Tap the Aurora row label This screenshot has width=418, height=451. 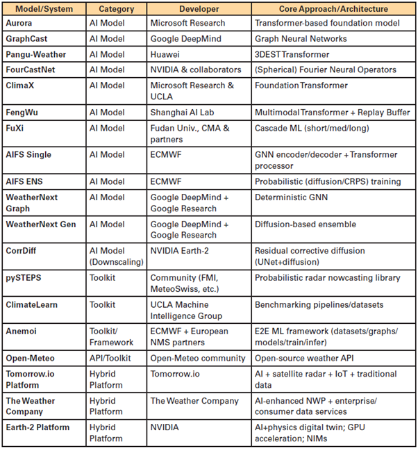(x=22, y=24)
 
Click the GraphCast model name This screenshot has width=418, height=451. (x=27, y=39)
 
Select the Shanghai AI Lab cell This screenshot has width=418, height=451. (x=183, y=112)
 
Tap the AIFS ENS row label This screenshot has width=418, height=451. (x=27, y=181)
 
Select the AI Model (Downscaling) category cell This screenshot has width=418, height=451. (x=115, y=256)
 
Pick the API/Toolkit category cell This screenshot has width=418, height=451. (x=113, y=358)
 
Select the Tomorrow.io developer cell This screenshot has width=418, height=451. (x=174, y=373)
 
